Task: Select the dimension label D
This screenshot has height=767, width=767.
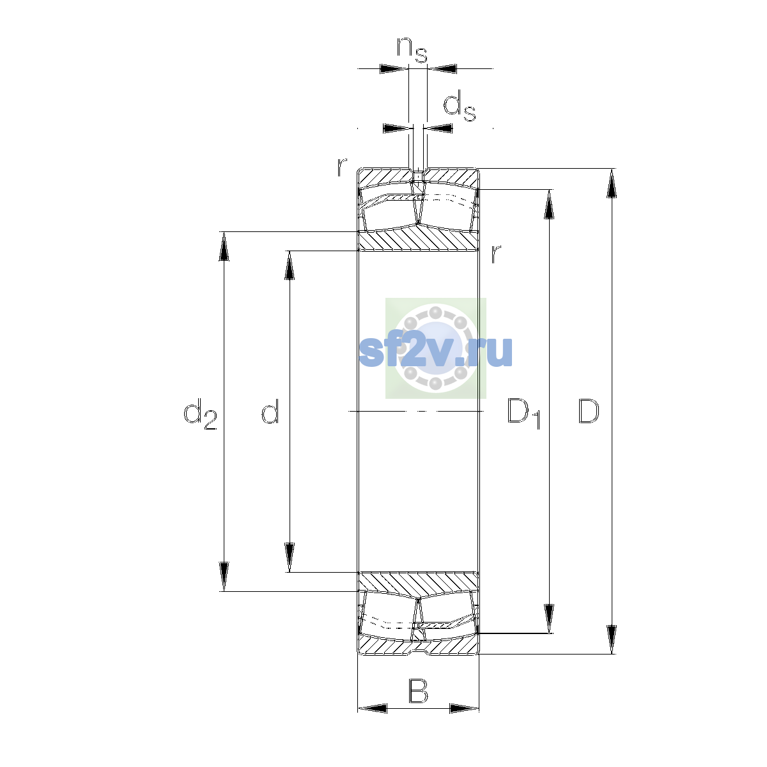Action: click(x=588, y=411)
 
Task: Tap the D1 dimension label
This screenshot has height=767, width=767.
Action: click(x=524, y=414)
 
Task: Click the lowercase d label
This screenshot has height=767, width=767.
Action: click(x=270, y=410)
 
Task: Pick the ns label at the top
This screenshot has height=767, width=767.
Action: click(x=412, y=50)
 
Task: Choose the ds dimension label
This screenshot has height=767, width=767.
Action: click(x=460, y=105)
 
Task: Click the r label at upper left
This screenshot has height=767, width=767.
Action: click(x=341, y=167)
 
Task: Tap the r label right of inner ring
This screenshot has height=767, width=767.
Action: click(x=495, y=254)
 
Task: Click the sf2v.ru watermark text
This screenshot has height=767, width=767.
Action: click(x=435, y=351)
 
